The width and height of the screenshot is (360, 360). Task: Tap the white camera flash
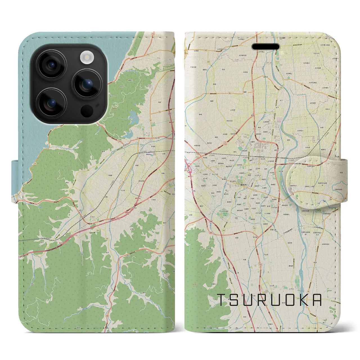point(87,58)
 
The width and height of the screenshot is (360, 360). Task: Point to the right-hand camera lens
point(87,84)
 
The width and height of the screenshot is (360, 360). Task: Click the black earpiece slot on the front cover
point(265,47)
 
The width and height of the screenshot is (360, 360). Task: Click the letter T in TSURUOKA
point(222,300)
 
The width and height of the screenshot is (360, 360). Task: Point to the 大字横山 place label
point(290,74)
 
